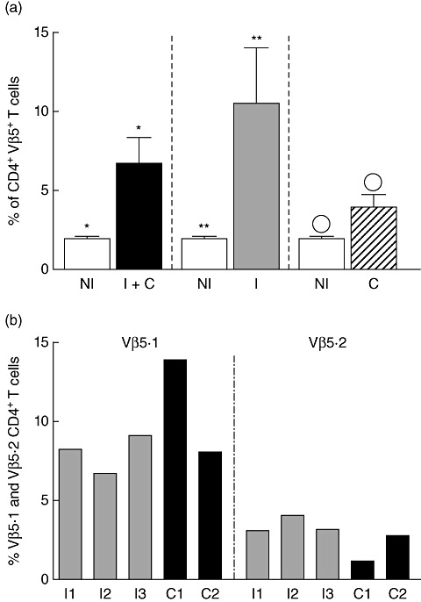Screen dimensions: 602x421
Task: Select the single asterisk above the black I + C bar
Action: click(139, 129)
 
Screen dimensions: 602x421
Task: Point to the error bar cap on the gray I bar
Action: click(256, 47)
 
